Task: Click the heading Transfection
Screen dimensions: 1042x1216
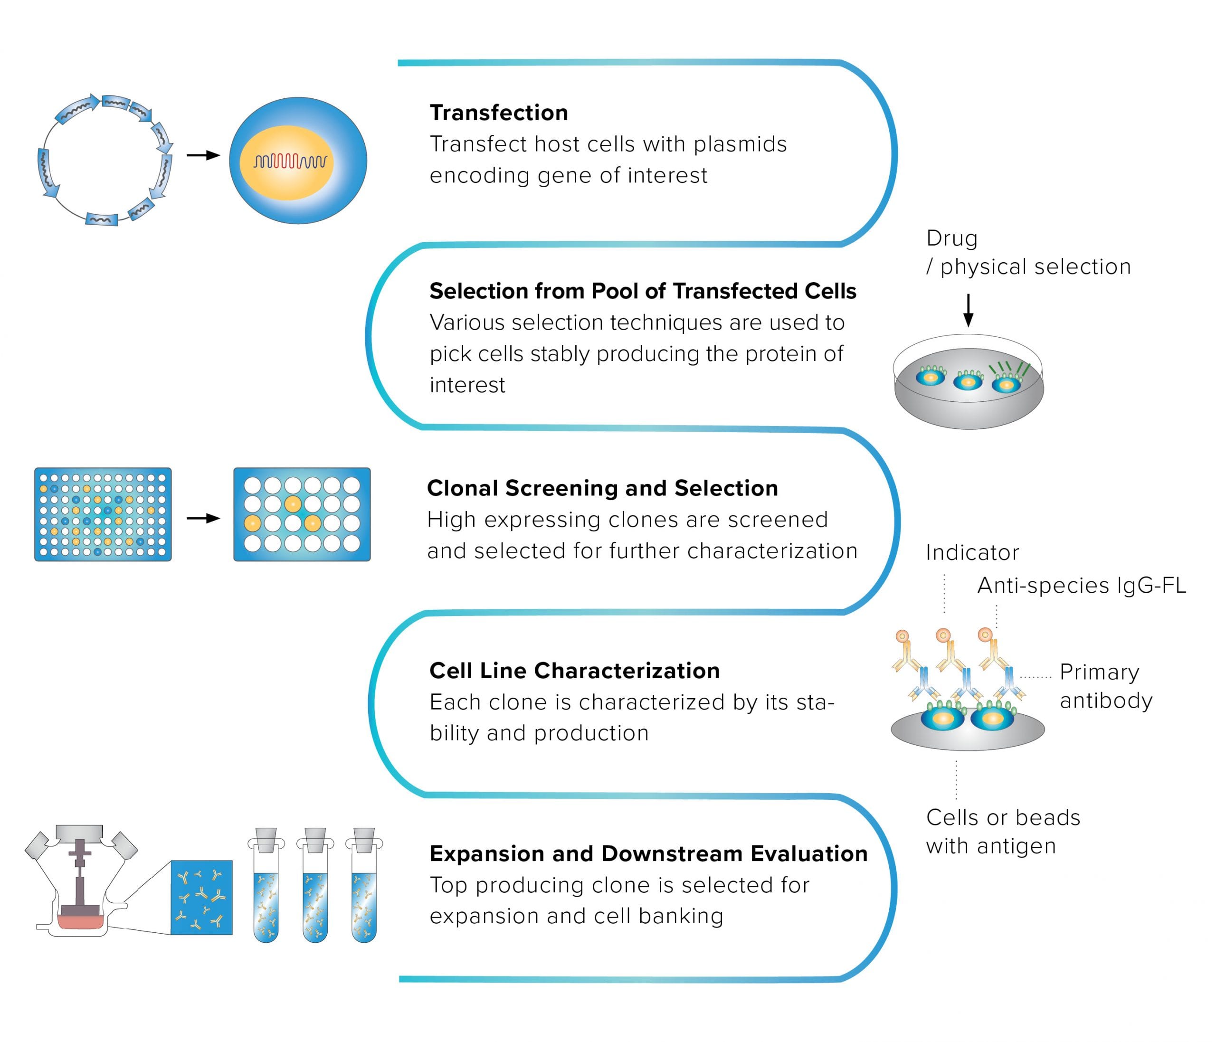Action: coord(498,113)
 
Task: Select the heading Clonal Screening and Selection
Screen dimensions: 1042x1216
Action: coord(602,488)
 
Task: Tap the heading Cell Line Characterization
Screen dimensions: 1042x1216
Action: coord(574,671)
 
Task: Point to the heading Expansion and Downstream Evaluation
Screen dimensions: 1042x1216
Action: coord(648,853)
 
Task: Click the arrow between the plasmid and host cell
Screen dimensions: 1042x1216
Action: coord(203,155)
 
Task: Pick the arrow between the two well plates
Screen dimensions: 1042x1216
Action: coord(203,518)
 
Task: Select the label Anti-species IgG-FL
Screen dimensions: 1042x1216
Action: coord(1081,586)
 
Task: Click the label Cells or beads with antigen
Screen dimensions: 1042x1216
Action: coord(1002,832)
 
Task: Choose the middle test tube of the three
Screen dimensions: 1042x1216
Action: coord(315,886)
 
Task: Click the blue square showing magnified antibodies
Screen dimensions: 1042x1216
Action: coord(201,897)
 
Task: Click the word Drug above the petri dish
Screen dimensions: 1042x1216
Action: coord(951,238)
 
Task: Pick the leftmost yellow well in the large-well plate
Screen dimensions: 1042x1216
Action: coord(252,523)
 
